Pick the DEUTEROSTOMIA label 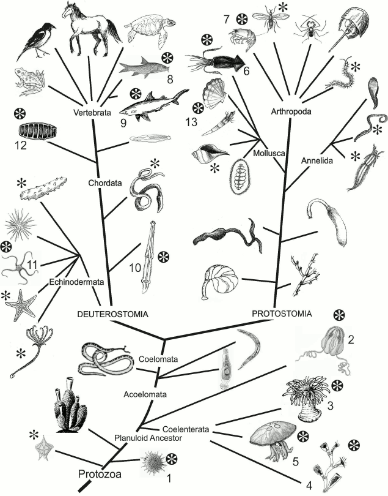coord(114,314)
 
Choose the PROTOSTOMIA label coord(282,314)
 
